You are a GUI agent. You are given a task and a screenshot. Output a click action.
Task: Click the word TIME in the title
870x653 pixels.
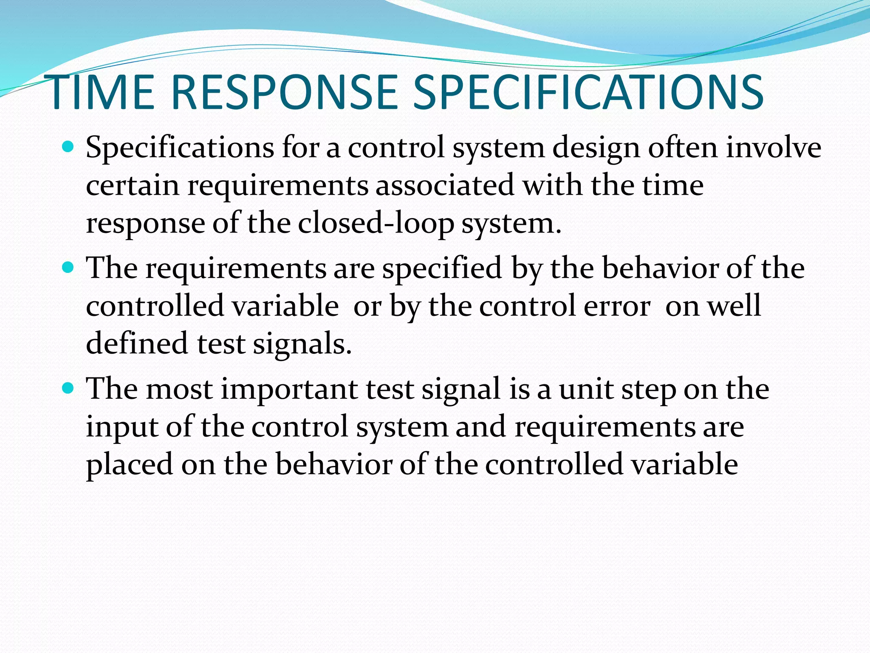point(102,93)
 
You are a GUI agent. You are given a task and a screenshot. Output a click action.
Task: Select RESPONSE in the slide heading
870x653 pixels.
point(284,93)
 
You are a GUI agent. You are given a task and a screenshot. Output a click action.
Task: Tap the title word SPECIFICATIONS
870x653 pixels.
point(588,93)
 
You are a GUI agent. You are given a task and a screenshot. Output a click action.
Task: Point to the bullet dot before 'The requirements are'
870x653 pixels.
point(68,268)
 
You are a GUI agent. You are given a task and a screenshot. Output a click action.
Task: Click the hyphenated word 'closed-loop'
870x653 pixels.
point(376,224)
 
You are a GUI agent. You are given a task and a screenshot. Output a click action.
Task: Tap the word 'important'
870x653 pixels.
point(289,390)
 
